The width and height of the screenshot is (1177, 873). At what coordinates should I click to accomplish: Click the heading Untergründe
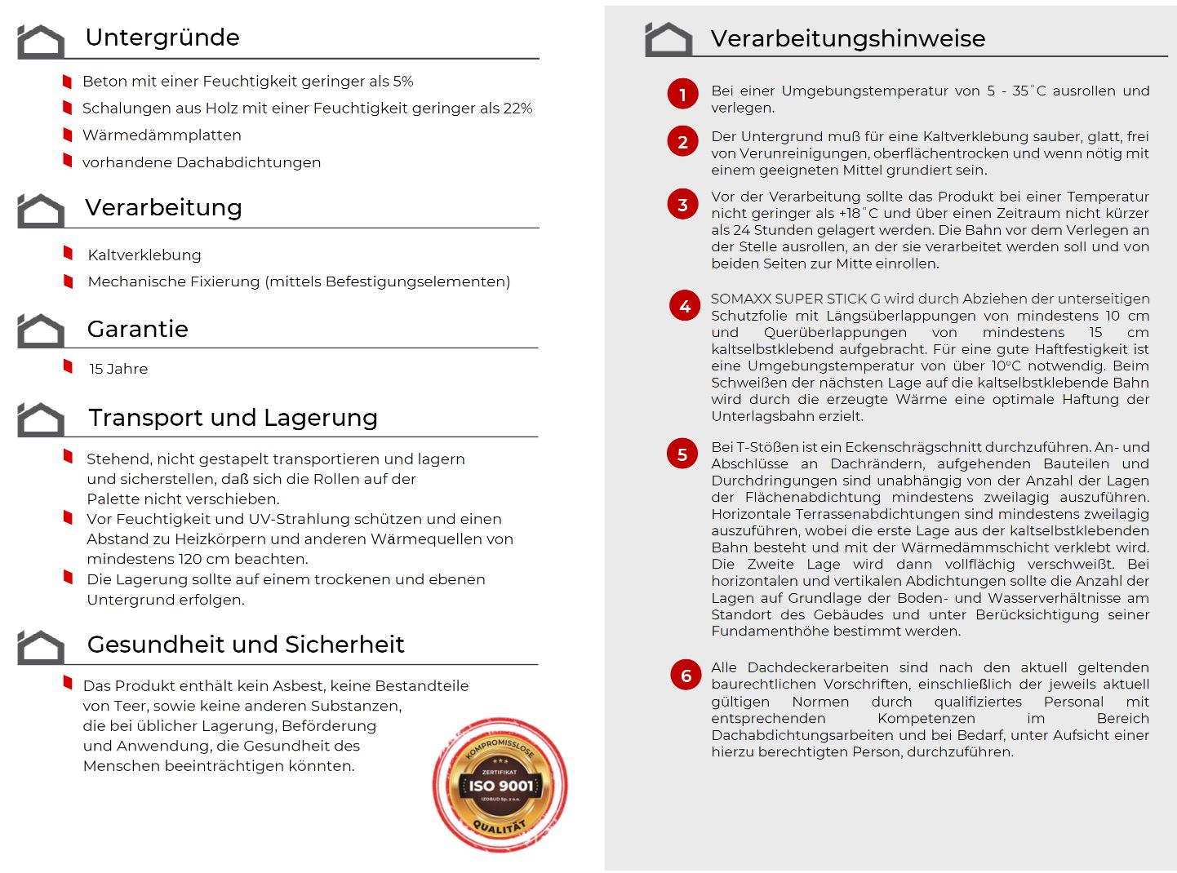[162, 38]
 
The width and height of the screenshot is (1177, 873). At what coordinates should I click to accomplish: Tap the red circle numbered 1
[682, 95]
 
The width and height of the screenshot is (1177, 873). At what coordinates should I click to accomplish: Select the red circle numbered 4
[685, 306]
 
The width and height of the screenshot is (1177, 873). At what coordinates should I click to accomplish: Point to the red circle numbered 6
[686, 675]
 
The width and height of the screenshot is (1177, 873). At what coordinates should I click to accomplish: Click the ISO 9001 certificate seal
[500, 786]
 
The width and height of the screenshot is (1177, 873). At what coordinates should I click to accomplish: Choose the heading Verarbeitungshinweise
[847, 38]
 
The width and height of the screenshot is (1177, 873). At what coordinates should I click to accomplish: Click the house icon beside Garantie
[41, 330]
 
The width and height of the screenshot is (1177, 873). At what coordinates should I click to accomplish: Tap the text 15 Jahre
[118, 369]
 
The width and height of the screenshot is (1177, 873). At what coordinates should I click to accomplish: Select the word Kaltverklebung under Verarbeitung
[144, 255]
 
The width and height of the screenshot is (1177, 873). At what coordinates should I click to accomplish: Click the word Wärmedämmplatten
[162, 135]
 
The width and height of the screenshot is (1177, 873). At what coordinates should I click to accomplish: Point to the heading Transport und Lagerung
[233, 418]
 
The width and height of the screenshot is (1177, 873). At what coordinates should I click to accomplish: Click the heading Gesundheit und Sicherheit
[246, 645]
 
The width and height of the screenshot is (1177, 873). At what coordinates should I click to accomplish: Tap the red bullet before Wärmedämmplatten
[68, 133]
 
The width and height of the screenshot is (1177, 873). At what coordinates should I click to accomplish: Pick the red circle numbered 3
[682, 205]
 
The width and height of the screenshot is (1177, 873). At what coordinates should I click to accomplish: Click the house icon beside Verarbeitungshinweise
[668, 39]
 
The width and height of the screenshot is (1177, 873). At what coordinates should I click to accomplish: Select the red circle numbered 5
[682, 454]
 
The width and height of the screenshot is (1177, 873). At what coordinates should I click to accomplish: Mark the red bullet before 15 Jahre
[69, 366]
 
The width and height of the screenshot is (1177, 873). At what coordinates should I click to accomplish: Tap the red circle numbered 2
[682, 142]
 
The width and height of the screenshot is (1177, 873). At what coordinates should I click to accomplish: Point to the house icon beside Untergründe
[41, 42]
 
